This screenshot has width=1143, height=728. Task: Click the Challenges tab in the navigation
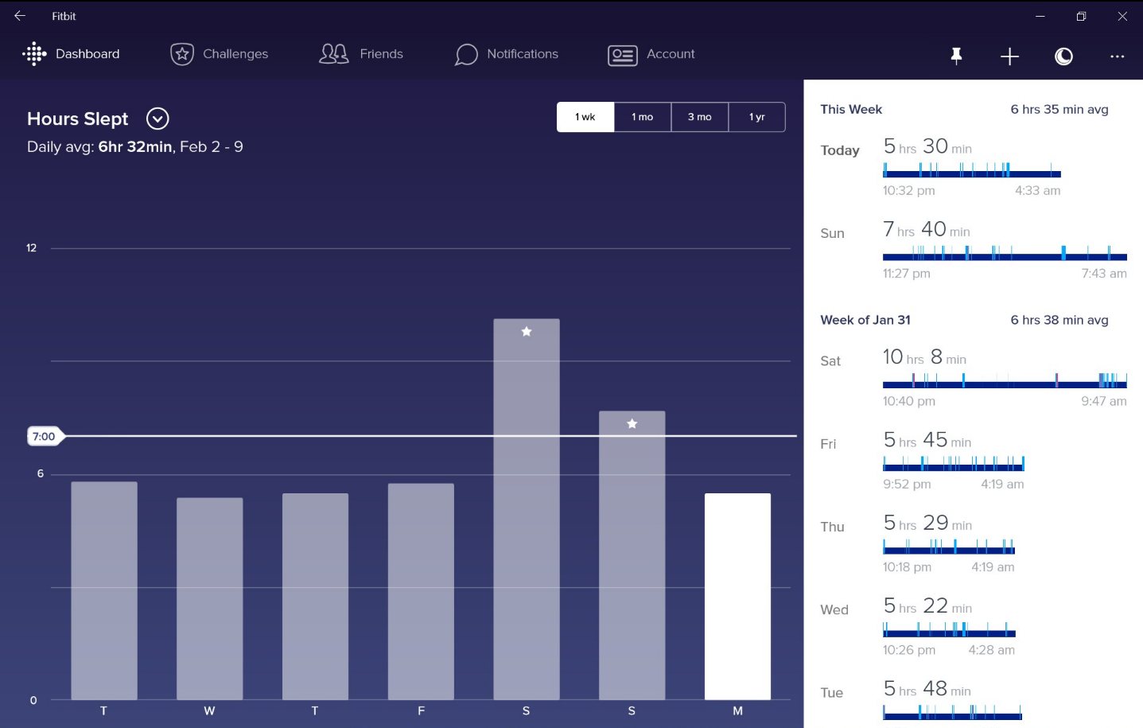tap(219, 54)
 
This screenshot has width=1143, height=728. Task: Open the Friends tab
tap(361, 54)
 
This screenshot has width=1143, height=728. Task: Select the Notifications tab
tap(506, 54)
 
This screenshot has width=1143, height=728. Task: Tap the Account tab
tap(651, 55)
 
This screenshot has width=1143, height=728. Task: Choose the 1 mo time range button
tap(643, 117)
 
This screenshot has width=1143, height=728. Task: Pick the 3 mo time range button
tap(700, 117)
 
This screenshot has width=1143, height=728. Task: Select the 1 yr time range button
tap(756, 117)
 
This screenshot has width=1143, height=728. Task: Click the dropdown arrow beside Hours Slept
tap(157, 119)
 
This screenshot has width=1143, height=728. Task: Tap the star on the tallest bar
tap(527, 332)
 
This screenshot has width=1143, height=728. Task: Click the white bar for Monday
tap(737, 596)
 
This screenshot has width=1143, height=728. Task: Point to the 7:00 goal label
tap(45, 437)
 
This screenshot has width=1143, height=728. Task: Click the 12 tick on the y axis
tap(32, 248)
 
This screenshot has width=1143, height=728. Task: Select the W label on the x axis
tap(209, 710)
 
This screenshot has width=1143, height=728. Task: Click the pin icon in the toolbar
tap(957, 56)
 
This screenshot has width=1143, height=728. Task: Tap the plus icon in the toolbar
tap(1009, 56)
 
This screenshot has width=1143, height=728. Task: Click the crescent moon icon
tap(1064, 56)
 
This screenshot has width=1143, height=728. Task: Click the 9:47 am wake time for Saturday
tap(1104, 401)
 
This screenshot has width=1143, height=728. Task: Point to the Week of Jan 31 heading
tap(865, 320)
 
